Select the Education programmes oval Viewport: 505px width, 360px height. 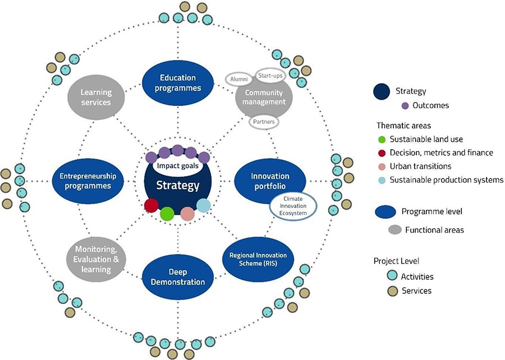[177, 83]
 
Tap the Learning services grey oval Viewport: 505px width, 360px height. [96, 97]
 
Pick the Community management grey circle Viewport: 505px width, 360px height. [264, 99]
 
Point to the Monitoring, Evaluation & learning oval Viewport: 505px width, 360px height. [96, 258]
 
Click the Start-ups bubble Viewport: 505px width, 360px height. [269, 74]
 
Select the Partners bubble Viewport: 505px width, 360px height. [264, 121]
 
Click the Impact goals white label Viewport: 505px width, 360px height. [177, 166]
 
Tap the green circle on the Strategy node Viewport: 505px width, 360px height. [167, 214]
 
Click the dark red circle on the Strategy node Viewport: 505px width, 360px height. [151, 205]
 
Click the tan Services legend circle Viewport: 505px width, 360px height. [392, 290]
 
